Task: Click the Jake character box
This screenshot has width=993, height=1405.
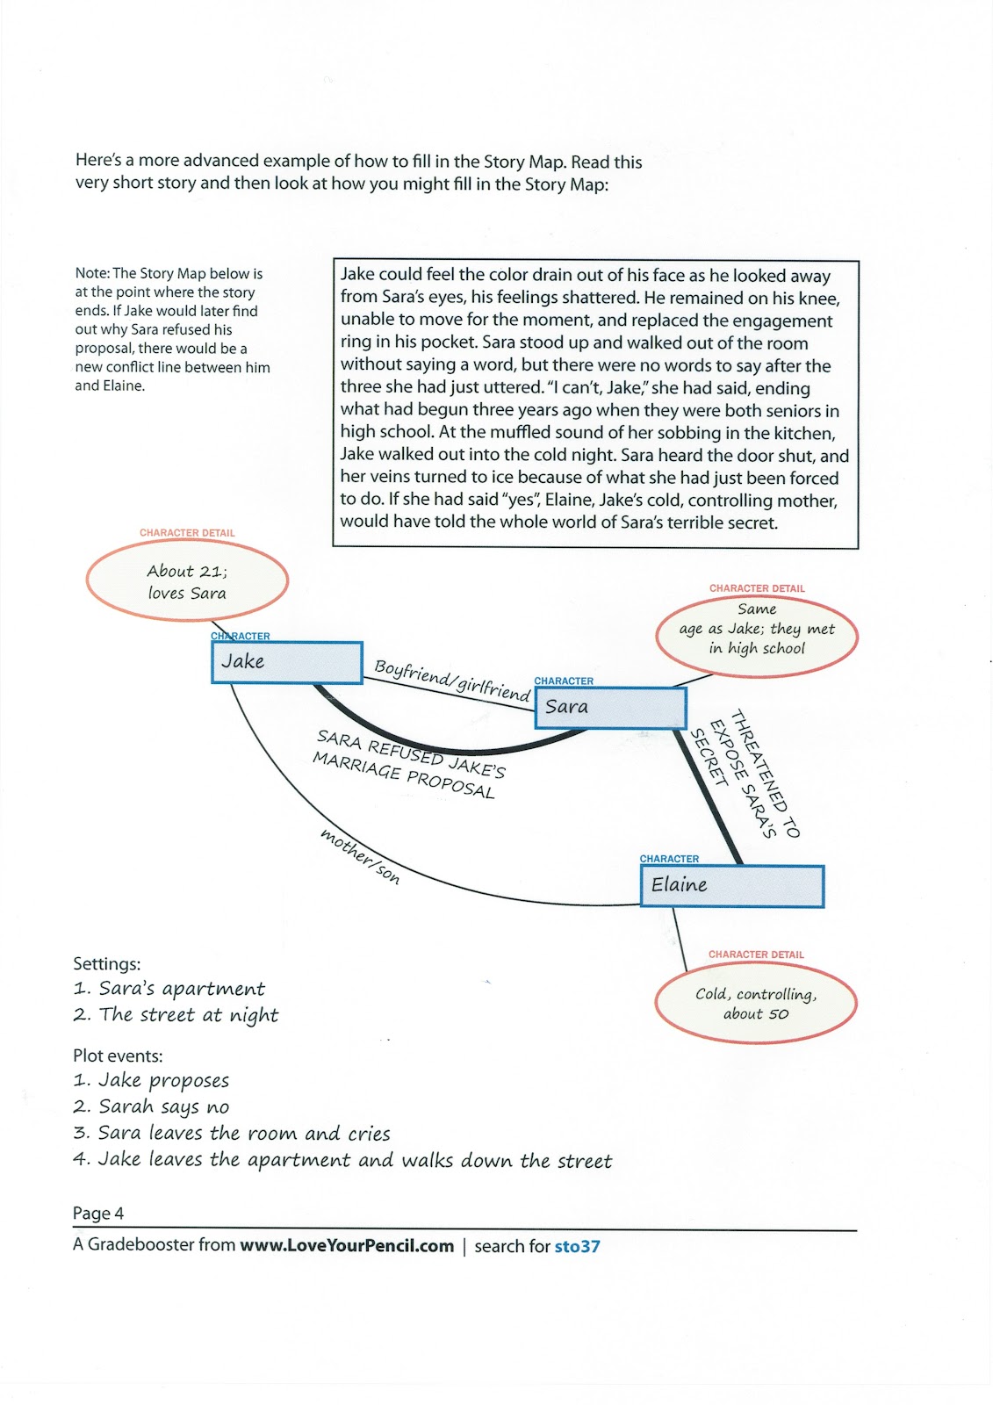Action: (x=286, y=662)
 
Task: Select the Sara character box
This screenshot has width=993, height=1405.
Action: (x=610, y=708)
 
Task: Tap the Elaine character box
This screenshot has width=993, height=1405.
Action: (x=732, y=886)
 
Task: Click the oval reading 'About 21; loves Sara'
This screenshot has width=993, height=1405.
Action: (x=187, y=582)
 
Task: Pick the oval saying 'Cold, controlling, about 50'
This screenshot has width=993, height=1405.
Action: (x=756, y=1004)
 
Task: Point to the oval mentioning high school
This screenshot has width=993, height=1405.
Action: (x=757, y=638)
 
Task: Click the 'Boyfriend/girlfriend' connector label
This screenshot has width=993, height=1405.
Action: (x=452, y=680)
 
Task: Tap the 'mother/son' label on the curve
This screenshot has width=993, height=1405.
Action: (x=361, y=855)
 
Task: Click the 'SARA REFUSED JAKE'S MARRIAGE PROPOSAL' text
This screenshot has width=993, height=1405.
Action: (x=409, y=763)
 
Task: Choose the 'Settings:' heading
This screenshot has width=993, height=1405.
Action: (x=107, y=963)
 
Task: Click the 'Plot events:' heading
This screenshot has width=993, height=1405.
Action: (x=118, y=1056)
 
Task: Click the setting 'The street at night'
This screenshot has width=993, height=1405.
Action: (x=188, y=1015)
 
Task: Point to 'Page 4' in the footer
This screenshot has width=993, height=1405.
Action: (x=98, y=1214)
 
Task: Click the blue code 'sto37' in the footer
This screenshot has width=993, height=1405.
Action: (x=577, y=1246)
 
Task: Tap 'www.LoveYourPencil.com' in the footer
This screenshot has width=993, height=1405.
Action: (x=347, y=1246)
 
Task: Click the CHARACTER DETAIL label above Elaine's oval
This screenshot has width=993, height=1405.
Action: (x=756, y=955)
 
